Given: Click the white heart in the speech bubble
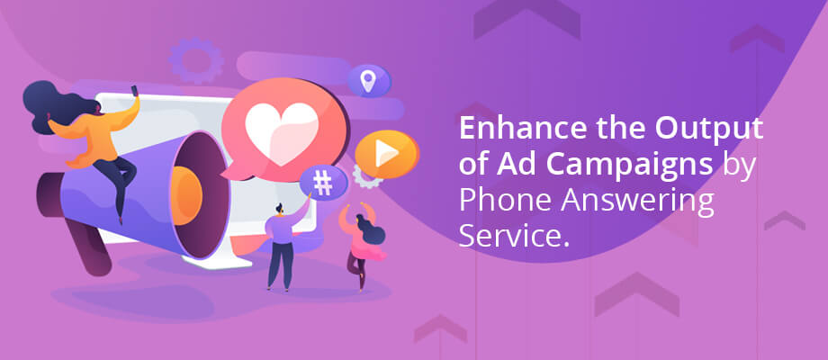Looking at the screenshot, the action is coord(282,133).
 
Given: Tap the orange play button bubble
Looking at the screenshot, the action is coord(386,154).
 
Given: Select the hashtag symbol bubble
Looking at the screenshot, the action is coord(323,183).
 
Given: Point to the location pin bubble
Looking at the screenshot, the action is coord(368,81).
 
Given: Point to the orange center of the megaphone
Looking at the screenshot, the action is coord(185,195).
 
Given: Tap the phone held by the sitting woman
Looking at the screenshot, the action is coord(134,91).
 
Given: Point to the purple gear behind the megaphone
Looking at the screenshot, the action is coord(196,60).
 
